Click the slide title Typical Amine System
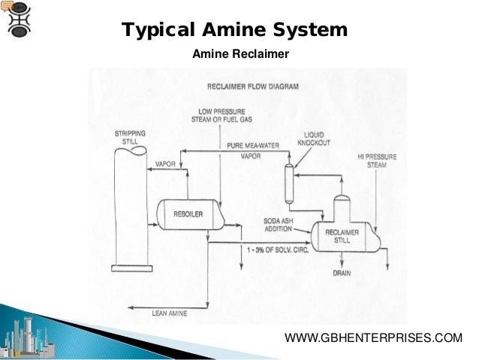pyautogui.click(x=234, y=31)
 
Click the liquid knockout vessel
pyautogui.click(x=288, y=181)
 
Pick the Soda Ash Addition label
pyautogui.click(x=282, y=224)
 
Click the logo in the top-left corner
pyautogui.click(x=17, y=20)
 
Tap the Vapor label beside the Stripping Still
pyautogui.click(x=164, y=163)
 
